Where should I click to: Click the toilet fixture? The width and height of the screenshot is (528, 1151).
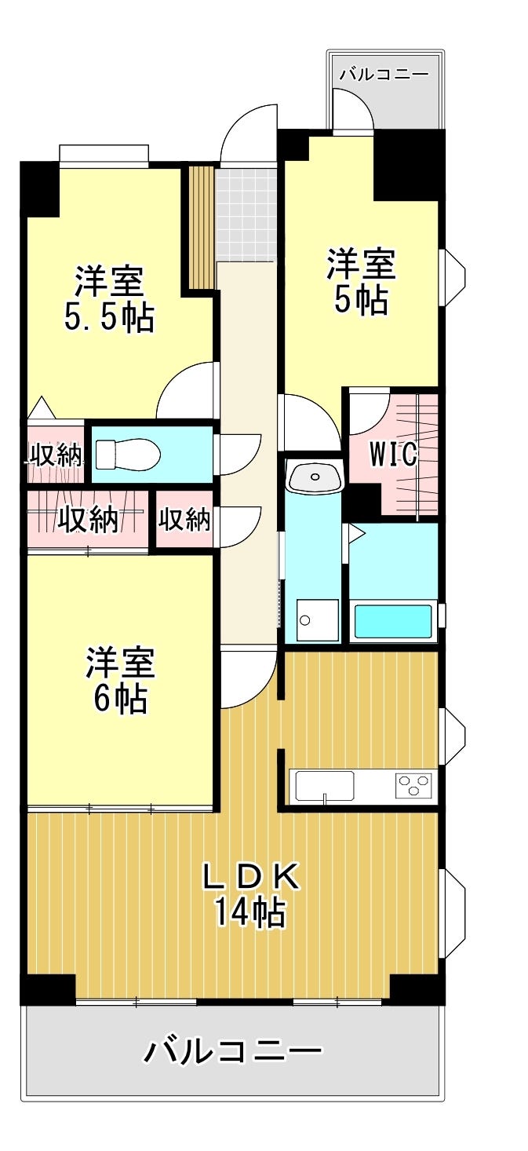click(128, 454)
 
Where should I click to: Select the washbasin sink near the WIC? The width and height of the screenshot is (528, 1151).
click(314, 477)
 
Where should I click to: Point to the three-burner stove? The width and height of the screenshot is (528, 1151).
click(413, 786)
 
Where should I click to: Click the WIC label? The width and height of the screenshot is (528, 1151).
click(394, 454)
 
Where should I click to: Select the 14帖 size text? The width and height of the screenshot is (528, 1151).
click(249, 912)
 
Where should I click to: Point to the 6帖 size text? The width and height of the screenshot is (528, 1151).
click(121, 698)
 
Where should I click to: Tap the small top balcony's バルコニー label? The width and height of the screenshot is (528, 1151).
click(384, 74)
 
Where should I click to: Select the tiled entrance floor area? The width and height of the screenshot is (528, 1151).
click(246, 215)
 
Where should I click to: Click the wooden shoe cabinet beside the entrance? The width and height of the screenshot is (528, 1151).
click(202, 228)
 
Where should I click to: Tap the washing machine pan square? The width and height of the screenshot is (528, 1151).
click(318, 620)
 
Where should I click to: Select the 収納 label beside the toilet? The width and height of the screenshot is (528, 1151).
click(56, 455)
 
